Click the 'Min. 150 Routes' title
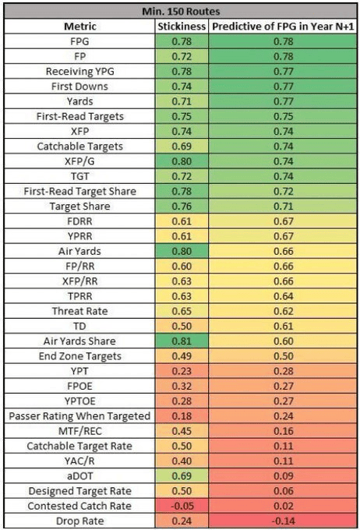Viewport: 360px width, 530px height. [181, 12]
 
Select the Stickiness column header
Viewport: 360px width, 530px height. [182, 26]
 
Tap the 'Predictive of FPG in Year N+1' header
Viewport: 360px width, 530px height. [283, 26]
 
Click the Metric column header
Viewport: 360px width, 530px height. [80, 26]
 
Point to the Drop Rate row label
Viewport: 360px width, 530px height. [80, 521]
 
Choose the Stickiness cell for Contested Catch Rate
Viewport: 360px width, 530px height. [182, 506]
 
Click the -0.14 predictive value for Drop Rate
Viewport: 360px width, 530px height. [284, 521]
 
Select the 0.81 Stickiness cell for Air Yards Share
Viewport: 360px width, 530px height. [182, 341]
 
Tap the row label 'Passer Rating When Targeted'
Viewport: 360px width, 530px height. [79, 416]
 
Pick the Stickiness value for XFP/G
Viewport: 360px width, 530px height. [182, 161]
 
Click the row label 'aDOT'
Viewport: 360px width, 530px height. [80, 476]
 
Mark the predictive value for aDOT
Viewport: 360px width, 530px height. [284, 476]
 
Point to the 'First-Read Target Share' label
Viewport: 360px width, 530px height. [80, 191]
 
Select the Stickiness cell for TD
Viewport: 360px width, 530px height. [182, 326]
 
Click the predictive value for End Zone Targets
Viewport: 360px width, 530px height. [284, 356]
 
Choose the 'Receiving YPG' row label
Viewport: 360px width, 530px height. [80, 72]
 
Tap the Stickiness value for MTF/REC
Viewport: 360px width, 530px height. [182, 431]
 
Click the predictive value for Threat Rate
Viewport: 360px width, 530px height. [284, 311]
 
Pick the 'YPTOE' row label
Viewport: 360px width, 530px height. [80, 401]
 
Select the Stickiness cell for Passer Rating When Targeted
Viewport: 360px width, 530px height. [182, 416]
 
